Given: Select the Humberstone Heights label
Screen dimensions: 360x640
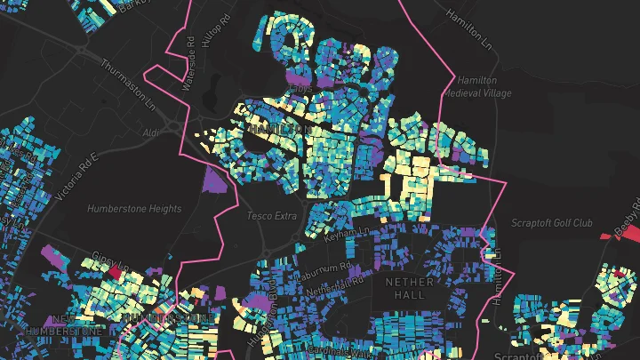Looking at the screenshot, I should pos(134,209).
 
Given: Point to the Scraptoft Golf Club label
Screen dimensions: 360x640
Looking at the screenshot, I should pos(551,223).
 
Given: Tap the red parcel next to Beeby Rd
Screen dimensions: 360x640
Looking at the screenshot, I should pos(607,235).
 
